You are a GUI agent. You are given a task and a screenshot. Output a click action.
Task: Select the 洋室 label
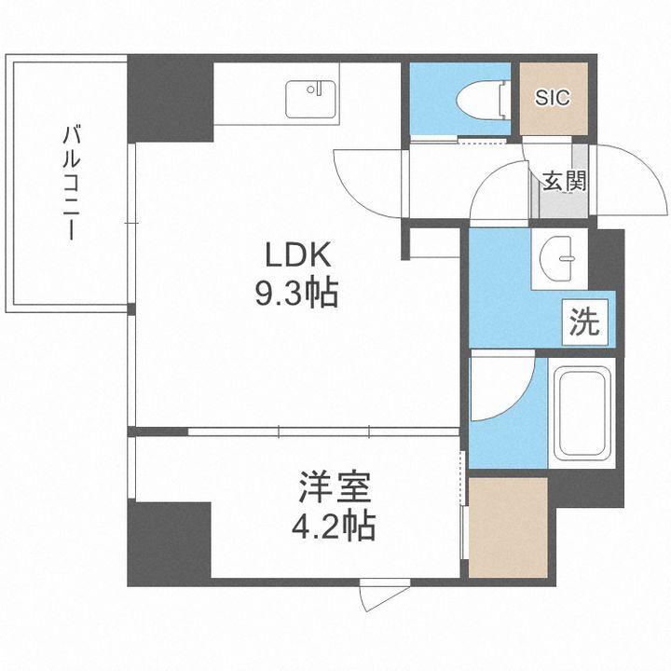(335, 490)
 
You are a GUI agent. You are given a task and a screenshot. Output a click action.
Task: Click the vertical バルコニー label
(71, 183)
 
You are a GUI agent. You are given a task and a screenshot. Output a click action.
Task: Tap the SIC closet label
(554, 98)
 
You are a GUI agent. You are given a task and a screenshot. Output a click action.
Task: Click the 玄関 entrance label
(565, 182)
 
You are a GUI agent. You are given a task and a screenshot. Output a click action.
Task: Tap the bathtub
(582, 413)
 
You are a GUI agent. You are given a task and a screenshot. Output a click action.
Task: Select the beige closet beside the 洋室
(507, 527)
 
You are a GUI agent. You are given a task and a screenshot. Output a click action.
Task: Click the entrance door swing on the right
(616, 182)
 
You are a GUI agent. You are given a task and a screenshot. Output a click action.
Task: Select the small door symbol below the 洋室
(382, 596)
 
